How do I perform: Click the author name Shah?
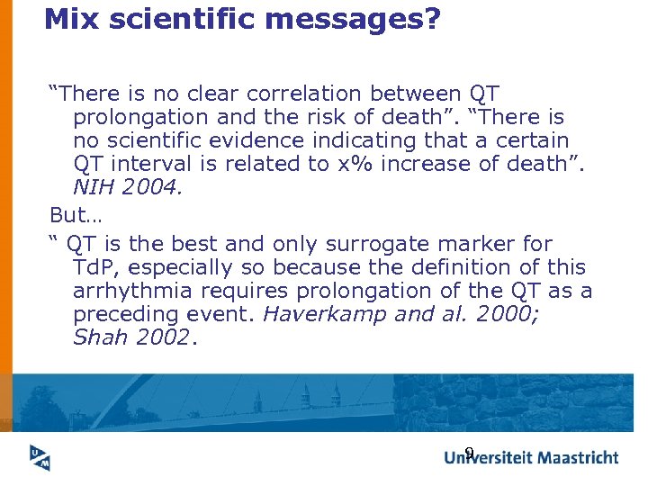pos(100,337)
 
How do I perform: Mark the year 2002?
pos(162,337)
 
